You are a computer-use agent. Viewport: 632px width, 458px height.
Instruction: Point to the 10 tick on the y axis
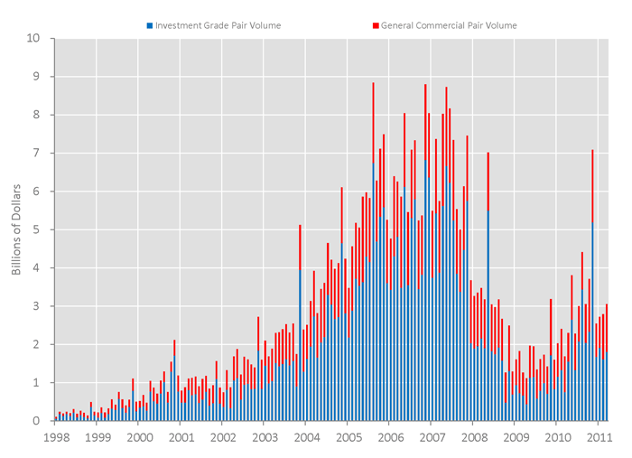click(34, 39)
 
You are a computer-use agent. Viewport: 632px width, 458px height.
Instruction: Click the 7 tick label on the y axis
click(37, 154)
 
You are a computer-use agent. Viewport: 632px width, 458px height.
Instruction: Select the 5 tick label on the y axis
click(37, 230)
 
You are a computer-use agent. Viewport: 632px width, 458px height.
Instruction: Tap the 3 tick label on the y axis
click(37, 306)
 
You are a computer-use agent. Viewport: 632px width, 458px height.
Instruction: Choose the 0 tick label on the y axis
click(37, 421)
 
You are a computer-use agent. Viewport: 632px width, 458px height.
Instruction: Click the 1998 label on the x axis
click(55, 438)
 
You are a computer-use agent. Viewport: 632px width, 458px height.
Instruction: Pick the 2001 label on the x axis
click(181, 438)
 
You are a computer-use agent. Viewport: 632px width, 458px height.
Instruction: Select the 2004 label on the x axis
click(306, 438)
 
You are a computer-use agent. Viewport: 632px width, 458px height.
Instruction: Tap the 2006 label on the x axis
click(390, 438)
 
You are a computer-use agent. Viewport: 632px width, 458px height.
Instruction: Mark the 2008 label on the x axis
click(473, 438)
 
